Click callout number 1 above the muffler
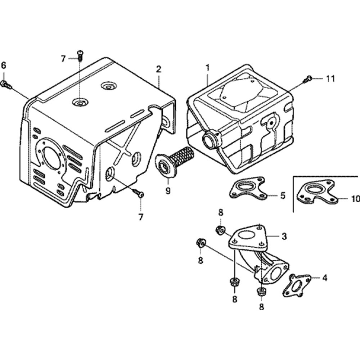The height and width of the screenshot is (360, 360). click(x=207, y=67)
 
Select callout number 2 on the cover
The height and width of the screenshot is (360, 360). click(x=158, y=69)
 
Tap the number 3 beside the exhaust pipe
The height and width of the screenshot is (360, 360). click(x=284, y=236)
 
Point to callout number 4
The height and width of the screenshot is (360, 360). click(x=325, y=278)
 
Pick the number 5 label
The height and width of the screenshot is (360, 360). click(x=283, y=195)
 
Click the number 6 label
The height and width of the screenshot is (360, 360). click(x=4, y=65)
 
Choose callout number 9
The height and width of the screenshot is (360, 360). click(x=168, y=191)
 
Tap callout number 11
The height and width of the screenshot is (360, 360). click(x=330, y=78)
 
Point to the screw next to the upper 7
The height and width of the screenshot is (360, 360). click(x=80, y=55)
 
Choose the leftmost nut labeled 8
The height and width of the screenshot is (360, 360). click(x=200, y=243)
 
